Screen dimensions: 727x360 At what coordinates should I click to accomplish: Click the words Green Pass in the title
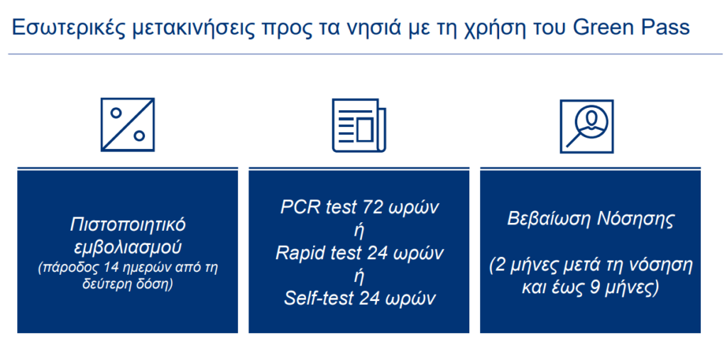(631, 28)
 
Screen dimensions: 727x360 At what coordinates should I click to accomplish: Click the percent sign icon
(128, 125)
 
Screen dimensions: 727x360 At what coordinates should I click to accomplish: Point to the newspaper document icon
(359, 125)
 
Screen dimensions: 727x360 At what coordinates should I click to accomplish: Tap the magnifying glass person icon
(586, 126)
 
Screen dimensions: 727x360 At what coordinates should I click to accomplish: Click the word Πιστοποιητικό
(128, 225)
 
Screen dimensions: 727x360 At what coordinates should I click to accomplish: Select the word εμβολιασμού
(128, 247)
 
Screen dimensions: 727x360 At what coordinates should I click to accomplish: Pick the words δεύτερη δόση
(128, 284)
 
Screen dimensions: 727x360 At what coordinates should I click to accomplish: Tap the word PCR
(299, 207)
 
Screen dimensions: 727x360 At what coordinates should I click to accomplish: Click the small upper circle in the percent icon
(116, 113)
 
